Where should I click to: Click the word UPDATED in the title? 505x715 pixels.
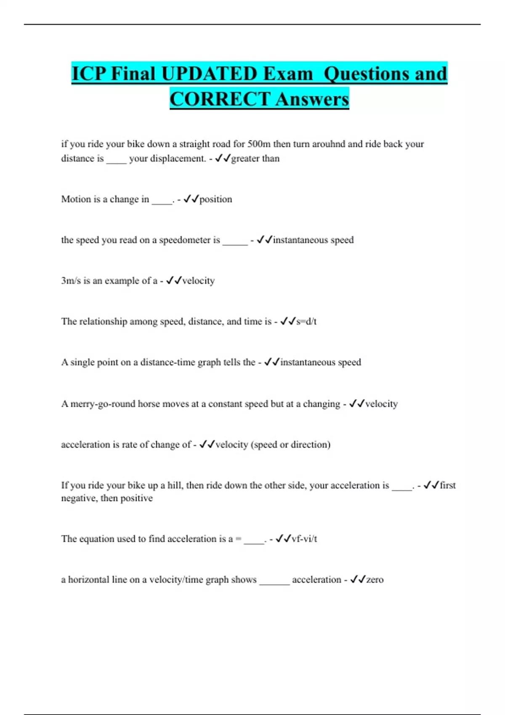tap(209, 74)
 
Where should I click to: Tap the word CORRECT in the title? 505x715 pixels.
tap(220, 99)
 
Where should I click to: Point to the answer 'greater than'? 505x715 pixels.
tap(255, 159)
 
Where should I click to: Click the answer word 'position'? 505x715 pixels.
tap(215, 199)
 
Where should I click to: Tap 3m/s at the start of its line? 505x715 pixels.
tap(71, 281)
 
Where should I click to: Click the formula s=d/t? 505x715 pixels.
tap(306, 322)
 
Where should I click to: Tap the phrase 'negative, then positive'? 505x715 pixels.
tap(107, 498)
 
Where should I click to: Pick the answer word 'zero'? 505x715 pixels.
tap(375, 580)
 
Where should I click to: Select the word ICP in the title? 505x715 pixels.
tap(88, 74)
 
